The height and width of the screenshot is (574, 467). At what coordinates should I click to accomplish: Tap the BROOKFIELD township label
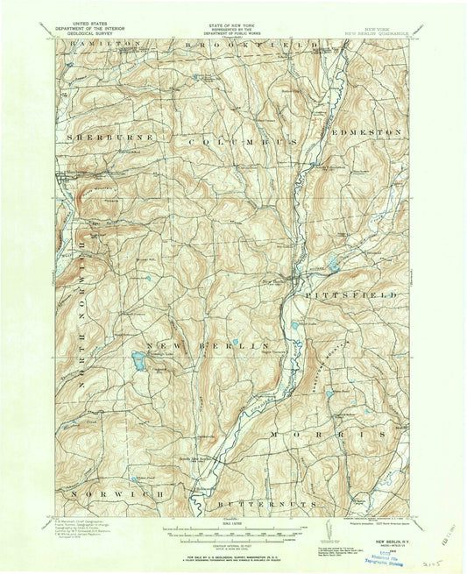tap(209, 43)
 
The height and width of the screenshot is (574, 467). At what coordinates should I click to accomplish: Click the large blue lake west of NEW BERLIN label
tap(138, 359)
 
